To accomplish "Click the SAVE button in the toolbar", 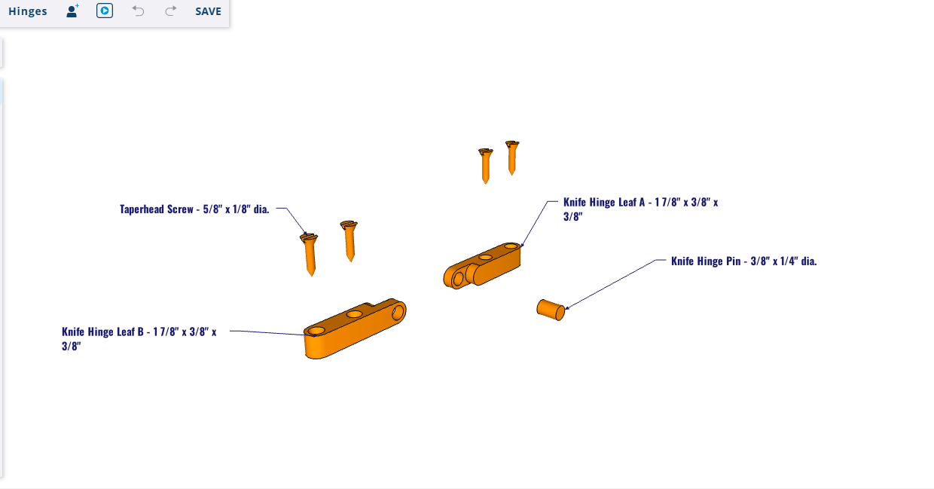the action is click(x=208, y=11).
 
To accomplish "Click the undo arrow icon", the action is click(x=138, y=11).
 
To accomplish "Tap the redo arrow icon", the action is click(x=170, y=11).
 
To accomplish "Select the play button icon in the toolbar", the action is click(x=105, y=11).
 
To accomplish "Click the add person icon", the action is click(x=72, y=11).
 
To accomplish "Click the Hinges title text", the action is click(x=28, y=11).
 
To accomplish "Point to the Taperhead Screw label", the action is click(x=194, y=209).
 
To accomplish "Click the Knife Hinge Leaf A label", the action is click(x=640, y=209).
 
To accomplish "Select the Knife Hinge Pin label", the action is click(x=744, y=261).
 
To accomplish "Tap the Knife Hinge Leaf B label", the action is click(x=139, y=338).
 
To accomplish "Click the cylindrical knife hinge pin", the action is click(x=551, y=310).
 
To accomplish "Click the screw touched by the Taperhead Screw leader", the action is click(x=310, y=254).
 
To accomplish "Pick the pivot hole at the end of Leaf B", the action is click(x=398, y=313).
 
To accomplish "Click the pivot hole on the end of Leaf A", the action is click(x=457, y=279).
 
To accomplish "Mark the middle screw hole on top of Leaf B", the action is click(x=355, y=313).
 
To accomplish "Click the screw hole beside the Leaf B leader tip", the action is click(x=316, y=332).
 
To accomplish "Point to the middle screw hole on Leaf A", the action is click(x=485, y=257).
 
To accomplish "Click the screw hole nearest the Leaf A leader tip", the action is click(x=511, y=246).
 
